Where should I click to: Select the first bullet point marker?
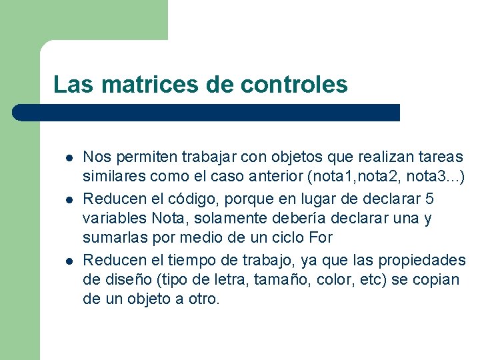(69, 158)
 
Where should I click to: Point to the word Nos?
(94, 157)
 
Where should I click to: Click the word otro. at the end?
(203, 299)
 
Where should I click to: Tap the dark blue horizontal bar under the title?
(207, 113)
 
